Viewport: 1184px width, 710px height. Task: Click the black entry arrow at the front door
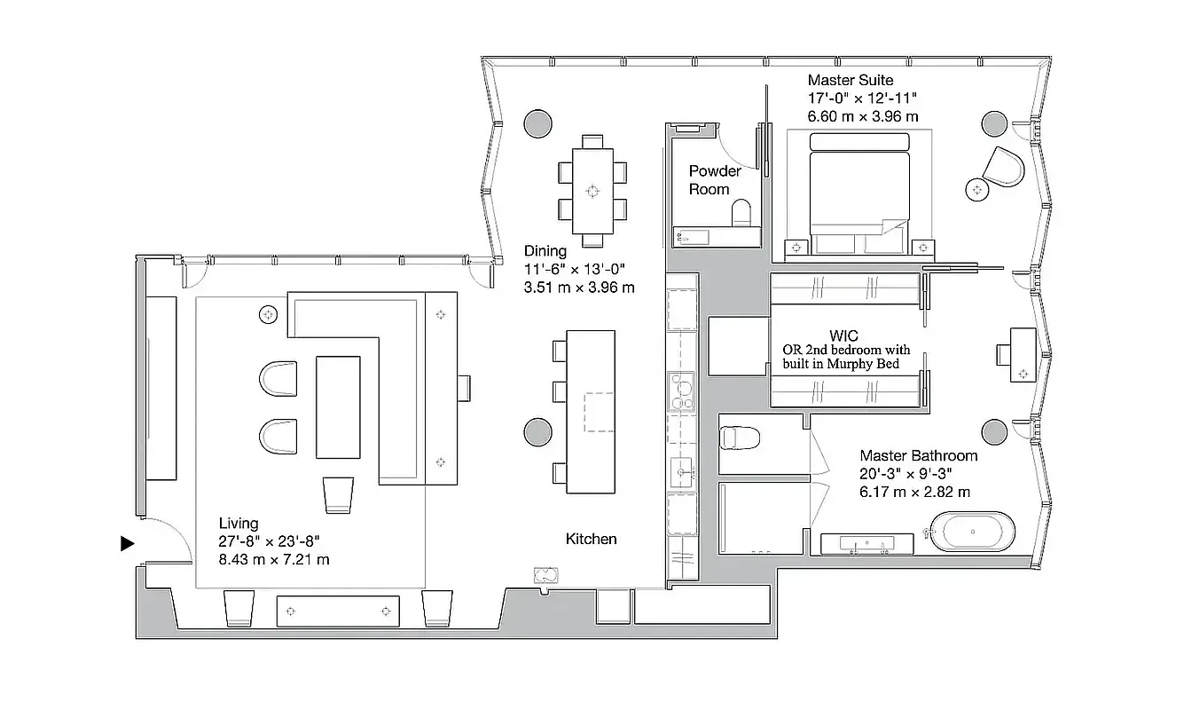pyautogui.click(x=128, y=543)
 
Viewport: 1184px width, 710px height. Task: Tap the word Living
pyautogui.click(x=239, y=524)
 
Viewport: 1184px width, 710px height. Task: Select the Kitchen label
pyautogui.click(x=591, y=539)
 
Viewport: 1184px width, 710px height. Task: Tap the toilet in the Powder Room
pyautogui.click(x=741, y=212)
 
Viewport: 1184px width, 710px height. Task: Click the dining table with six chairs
pyautogui.click(x=592, y=189)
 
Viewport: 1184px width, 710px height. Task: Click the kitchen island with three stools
pyautogui.click(x=590, y=411)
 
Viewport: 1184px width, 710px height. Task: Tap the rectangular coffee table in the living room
pyautogui.click(x=338, y=406)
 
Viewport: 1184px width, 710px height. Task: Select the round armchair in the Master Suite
pyautogui.click(x=1006, y=166)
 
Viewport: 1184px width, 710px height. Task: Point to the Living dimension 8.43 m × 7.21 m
pyautogui.click(x=274, y=559)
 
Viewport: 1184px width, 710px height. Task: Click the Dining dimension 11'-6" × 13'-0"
pyautogui.click(x=578, y=270)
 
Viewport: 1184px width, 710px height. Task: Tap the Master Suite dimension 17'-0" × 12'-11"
pyautogui.click(x=861, y=99)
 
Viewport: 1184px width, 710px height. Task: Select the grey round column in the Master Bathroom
pyautogui.click(x=993, y=432)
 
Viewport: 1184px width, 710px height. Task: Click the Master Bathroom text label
pyautogui.click(x=918, y=455)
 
